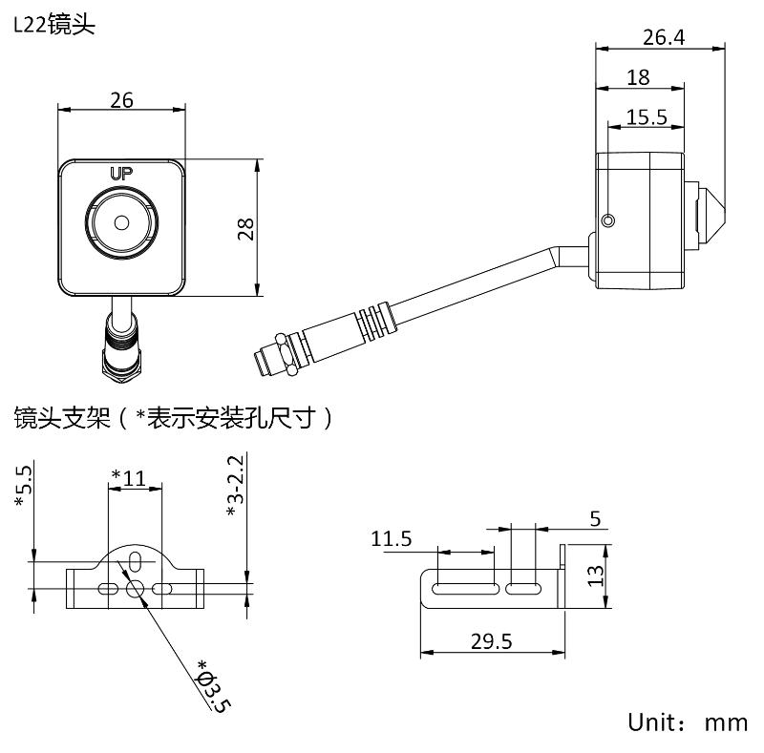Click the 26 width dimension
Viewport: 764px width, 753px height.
(x=121, y=99)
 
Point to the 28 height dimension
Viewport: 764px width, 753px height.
(x=246, y=228)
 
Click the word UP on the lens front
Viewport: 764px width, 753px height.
(x=121, y=174)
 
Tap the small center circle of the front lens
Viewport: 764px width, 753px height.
(x=121, y=222)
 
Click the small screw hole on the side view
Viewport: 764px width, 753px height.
(x=609, y=221)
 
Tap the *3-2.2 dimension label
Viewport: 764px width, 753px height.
(x=235, y=486)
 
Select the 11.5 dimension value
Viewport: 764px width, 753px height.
(x=393, y=538)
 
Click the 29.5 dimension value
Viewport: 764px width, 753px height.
(x=491, y=640)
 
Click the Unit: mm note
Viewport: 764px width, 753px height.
(x=687, y=722)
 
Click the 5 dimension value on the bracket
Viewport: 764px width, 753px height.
(x=595, y=519)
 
